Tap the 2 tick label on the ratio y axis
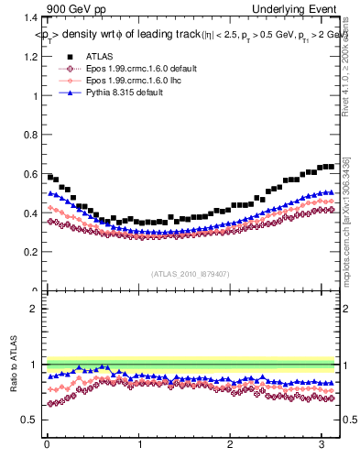coord(31,308)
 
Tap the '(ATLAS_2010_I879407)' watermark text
coord(191,273)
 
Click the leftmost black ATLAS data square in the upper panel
coord(50,176)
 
